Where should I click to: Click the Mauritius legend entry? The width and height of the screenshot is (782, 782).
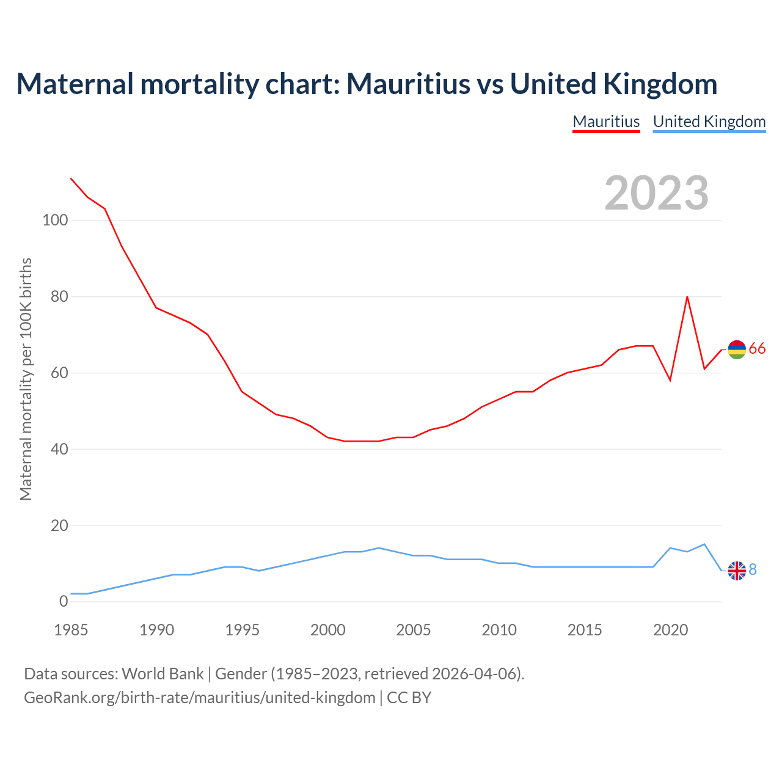(606, 122)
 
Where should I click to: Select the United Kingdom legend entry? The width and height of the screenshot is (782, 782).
(709, 122)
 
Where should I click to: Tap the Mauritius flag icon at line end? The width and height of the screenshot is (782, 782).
(737, 349)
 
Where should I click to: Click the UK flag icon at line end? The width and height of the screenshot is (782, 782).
(737, 570)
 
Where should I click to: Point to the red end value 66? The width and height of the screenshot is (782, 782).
(757, 349)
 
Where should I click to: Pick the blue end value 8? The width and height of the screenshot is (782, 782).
(753, 569)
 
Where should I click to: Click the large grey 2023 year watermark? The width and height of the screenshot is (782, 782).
(656, 193)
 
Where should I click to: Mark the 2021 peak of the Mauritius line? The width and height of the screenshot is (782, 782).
(687, 297)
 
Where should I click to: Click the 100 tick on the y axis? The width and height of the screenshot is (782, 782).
(55, 221)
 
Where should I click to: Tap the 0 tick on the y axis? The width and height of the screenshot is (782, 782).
(64, 601)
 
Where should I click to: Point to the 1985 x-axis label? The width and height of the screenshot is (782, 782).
(71, 630)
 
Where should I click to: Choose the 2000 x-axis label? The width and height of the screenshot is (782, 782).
(328, 630)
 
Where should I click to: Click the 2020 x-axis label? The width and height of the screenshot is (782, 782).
(670, 630)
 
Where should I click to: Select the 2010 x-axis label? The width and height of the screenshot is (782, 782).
(499, 630)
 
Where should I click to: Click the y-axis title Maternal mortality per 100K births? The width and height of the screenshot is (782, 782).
(26, 379)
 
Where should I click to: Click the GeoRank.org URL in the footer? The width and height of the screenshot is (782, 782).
(200, 698)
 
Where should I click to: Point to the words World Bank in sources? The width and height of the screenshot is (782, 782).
(163, 674)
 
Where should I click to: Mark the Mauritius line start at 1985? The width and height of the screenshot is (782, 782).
(71, 178)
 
